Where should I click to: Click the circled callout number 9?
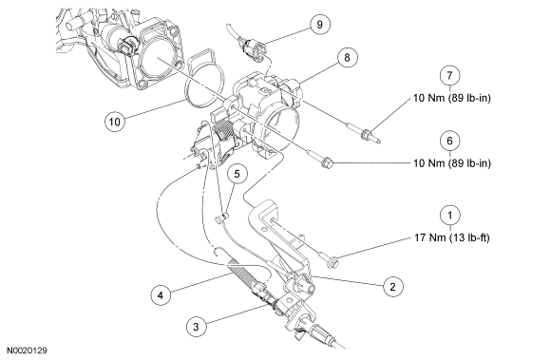tap(319, 25)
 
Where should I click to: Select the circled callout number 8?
tap(347, 57)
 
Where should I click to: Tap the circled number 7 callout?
tap(449, 75)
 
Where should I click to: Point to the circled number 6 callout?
tap(449, 141)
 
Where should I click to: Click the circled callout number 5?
tap(237, 174)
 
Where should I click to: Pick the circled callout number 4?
tap(161, 295)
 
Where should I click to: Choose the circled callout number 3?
tap(196, 327)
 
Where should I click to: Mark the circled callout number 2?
tap(393, 287)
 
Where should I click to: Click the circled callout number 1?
tap(449, 216)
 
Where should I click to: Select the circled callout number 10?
tap(115, 122)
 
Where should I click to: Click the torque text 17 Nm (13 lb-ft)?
tap(451, 237)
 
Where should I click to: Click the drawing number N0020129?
tap(28, 351)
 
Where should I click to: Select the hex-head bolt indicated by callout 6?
tap(320, 158)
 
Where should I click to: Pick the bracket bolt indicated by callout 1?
tap(326, 257)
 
